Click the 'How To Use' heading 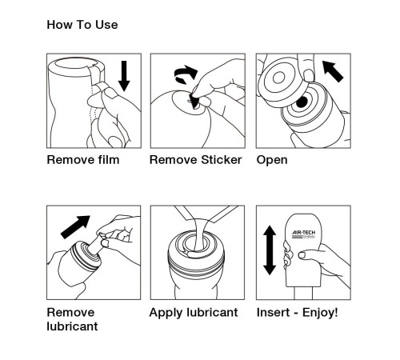pyautogui.click(x=82, y=25)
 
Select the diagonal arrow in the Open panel pyautogui.click(x=334, y=71)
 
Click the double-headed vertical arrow pyautogui.click(x=270, y=250)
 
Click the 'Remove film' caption pyautogui.click(x=83, y=159)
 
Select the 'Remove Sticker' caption pyautogui.click(x=195, y=159)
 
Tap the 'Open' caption pyautogui.click(x=272, y=159)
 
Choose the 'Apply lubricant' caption pyautogui.click(x=194, y=312)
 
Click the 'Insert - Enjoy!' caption pyautogui.click(x=297, y=312)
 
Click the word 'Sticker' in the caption pyautogui.click(x=219, y=159)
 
